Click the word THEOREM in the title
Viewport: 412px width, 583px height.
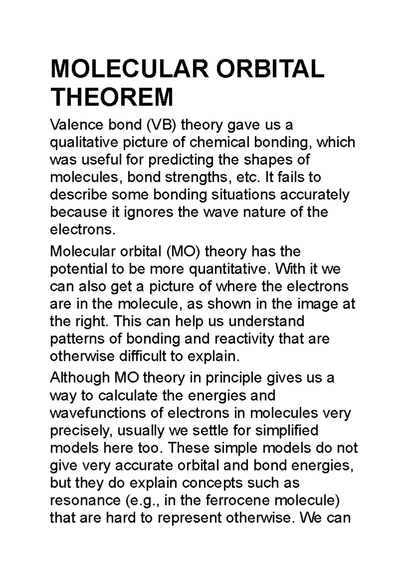tap(112, 98)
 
